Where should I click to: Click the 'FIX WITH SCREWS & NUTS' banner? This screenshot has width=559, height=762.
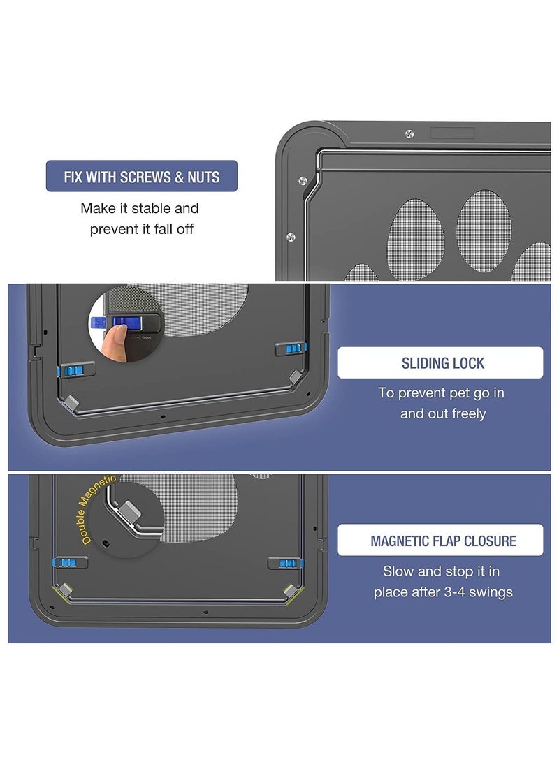(x=141, y=176)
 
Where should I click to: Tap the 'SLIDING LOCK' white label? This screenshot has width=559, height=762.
(x=440, y=362)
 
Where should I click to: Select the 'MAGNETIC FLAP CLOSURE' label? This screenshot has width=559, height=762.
(x=440, y=540)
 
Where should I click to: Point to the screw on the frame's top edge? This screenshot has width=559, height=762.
(x=409, y=133)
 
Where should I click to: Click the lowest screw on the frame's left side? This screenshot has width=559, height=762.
(x=291, y=237)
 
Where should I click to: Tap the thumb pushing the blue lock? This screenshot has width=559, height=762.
(x=115, y=343)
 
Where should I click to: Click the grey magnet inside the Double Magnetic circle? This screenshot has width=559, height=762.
(x=130, y=511)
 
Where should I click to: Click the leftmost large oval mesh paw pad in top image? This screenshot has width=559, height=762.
(x=416, y=240)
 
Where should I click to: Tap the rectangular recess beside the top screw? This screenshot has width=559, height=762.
(x=453, y=133)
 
